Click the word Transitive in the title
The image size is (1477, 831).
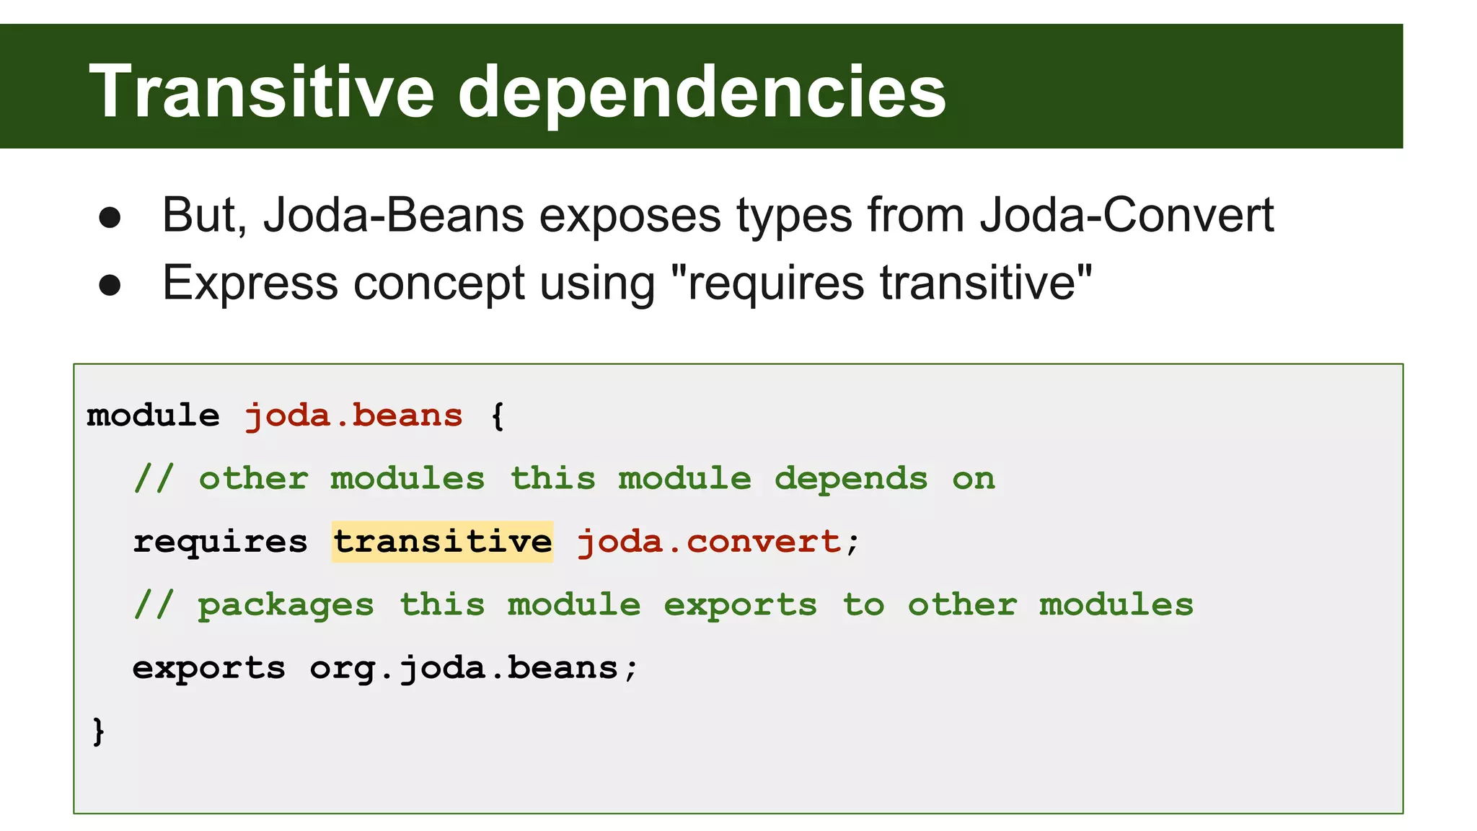click(261, 92)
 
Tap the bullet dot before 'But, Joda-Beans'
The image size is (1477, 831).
click(110, 218)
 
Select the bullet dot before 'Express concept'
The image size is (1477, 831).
click(110, 285)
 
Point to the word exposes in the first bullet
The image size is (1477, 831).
click(630, 215)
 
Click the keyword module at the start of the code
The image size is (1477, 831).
click(153, 416)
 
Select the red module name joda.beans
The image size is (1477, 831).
click(353, 416)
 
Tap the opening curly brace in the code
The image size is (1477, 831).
click(498, 416)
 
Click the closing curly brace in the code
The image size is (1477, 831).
click(99, 731)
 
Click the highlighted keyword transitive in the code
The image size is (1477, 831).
click(442, 542)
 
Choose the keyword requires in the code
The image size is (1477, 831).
click(220, 542)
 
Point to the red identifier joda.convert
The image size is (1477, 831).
click(709, 542)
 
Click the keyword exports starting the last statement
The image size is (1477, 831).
click(209, 668)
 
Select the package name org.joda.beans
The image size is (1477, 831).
click(464, 668)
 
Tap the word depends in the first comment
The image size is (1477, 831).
click(851, 479)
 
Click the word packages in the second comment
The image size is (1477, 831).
click(286, 605)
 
